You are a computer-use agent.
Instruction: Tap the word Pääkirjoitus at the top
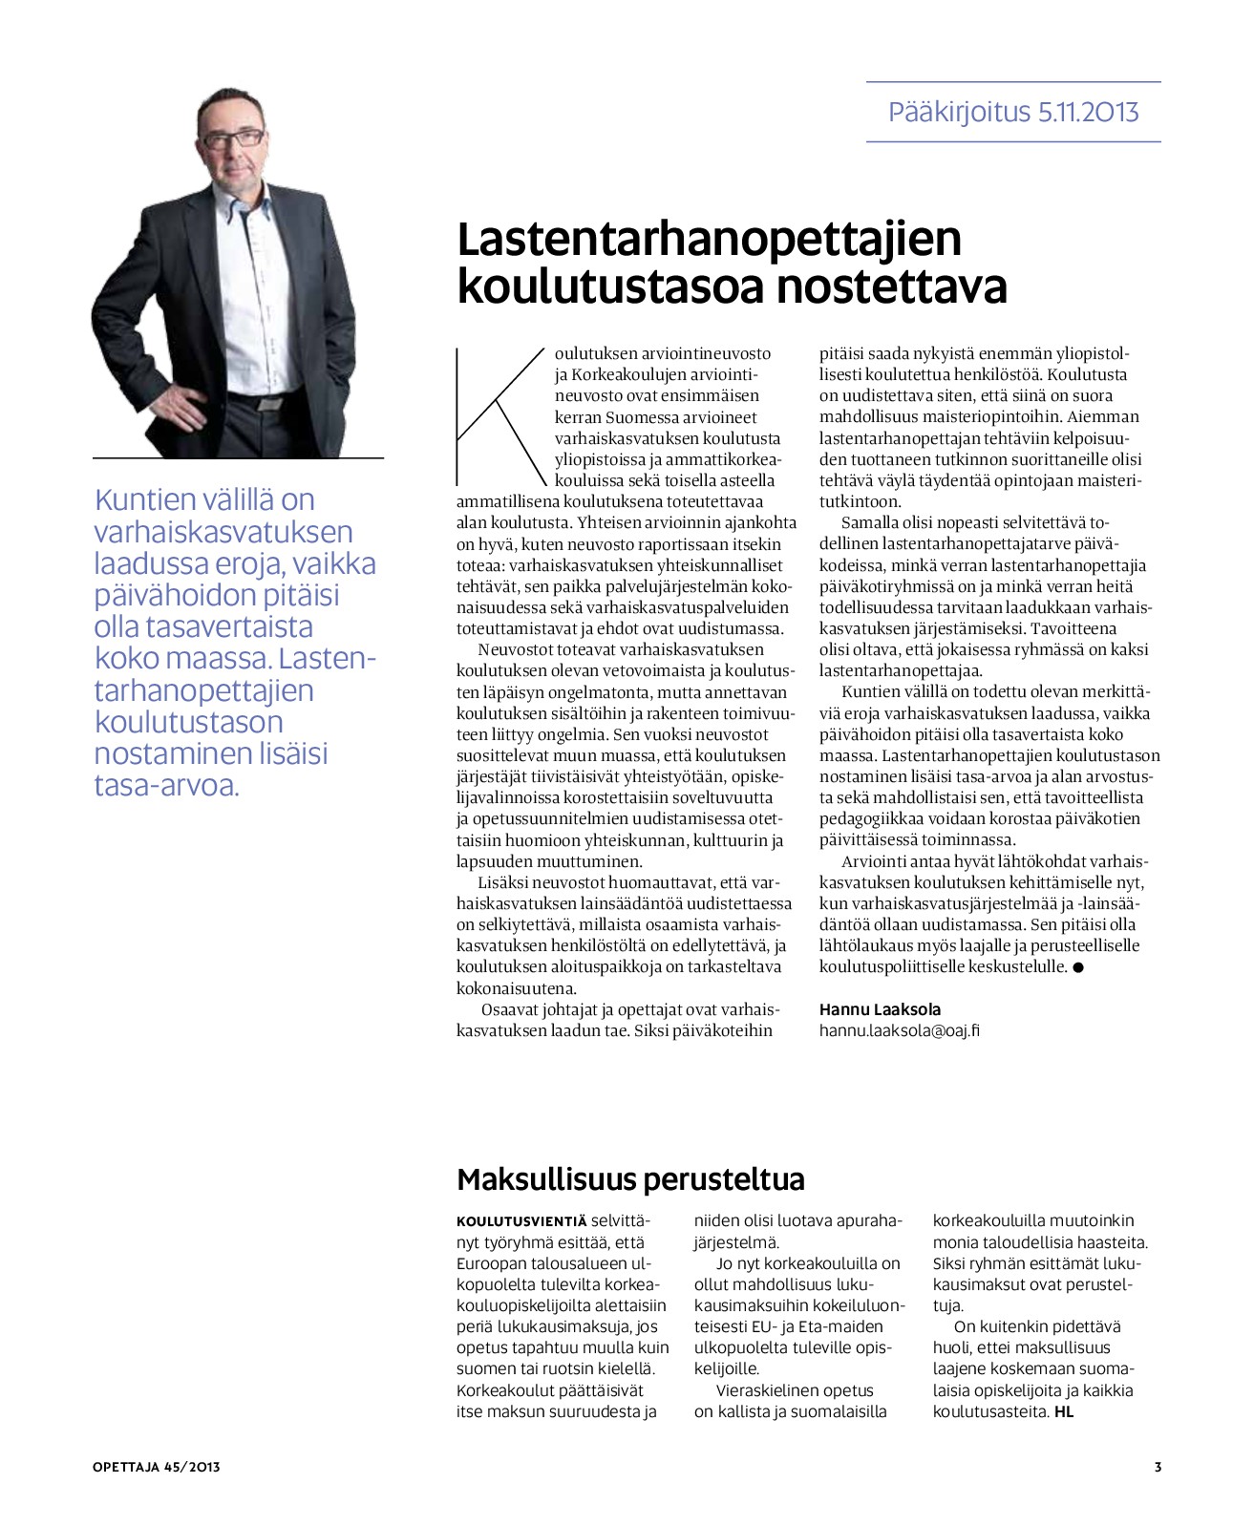[958, 113]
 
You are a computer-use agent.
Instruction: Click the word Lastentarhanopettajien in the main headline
[709, 240]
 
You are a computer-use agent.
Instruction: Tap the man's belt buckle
[270, 403]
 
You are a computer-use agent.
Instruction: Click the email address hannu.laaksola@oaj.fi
[899, 1030]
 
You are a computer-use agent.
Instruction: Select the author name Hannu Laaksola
[880, 1009]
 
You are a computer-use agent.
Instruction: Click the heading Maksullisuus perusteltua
[630, 1179]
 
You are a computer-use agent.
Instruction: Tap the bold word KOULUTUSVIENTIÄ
[521, 1221]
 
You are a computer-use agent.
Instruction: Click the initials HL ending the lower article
[1064, 1411]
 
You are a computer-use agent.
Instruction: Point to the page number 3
[1158, 1467]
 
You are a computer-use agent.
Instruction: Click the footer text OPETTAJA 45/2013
[157, 1467]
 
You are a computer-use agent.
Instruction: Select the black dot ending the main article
[1078, 967]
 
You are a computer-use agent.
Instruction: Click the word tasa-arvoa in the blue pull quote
[166, 786]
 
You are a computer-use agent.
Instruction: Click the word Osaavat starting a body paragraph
[512, 1009]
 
